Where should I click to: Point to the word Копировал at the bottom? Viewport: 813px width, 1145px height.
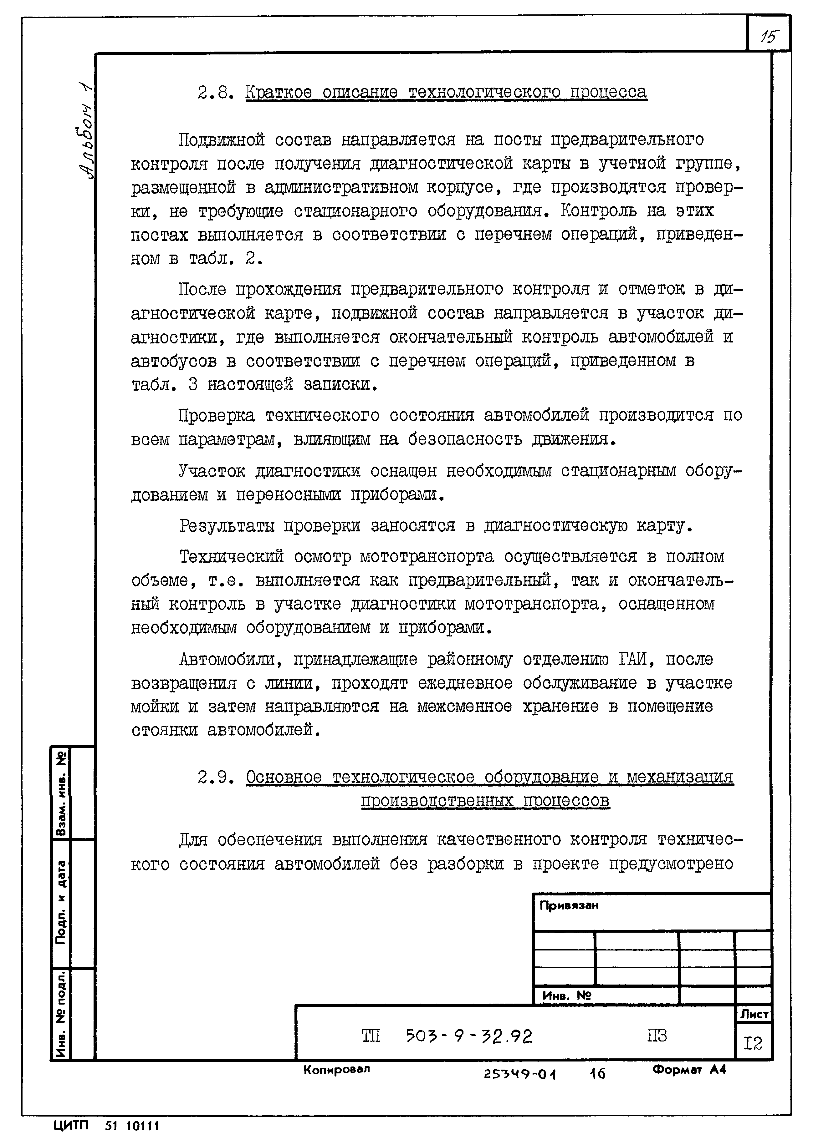click(x=336, y=1069)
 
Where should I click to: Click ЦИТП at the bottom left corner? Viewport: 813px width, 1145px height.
click(x=70, y=1126)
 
